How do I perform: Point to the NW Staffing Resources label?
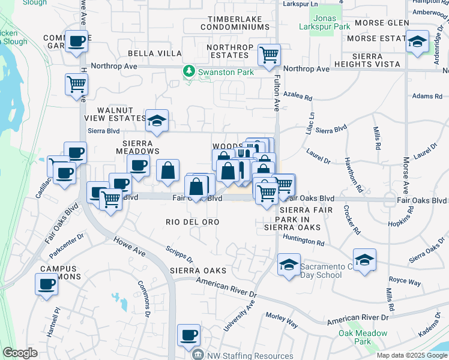tap(251, 355)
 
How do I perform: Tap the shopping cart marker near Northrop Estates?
tap(269, 55)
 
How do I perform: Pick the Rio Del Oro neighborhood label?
tap(192, 222)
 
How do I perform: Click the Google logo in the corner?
tap(20, 353)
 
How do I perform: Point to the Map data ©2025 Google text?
tap(411, 355)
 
